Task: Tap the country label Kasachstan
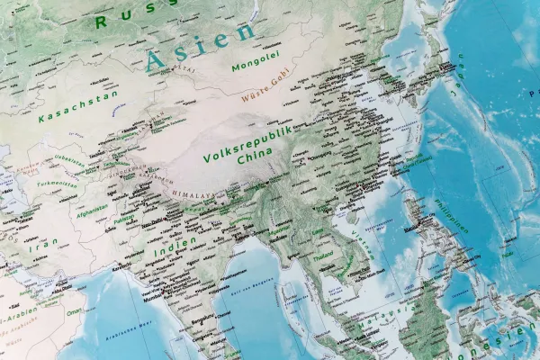[x=67, y=105]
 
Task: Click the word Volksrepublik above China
[x=248, y=142]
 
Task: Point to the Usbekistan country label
[x=67, y=159]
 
